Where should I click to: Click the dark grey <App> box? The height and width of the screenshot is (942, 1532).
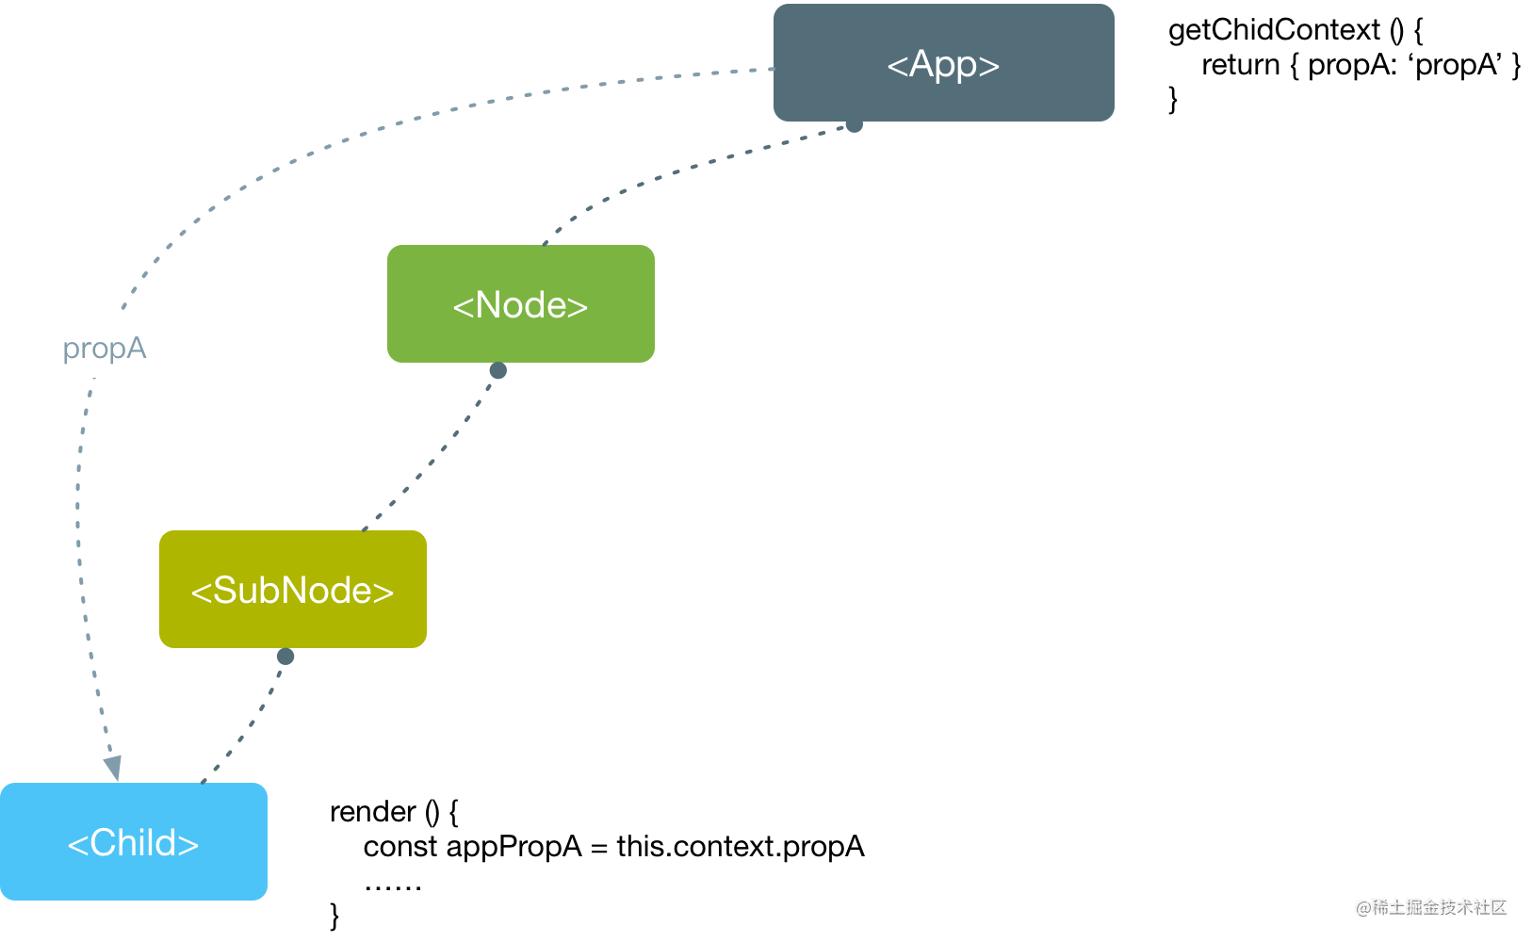tap(944, 63)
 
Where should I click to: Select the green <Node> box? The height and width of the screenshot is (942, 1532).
tap(520, 303)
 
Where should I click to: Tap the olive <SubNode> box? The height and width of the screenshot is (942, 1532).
tap(293, 590)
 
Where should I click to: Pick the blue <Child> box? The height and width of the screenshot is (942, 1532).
tap(134, 841)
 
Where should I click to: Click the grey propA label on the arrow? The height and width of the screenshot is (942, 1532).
tap(105, 348)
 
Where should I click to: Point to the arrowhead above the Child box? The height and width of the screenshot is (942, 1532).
tap(113, 768)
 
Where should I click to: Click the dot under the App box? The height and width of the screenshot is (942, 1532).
tap(855, 124)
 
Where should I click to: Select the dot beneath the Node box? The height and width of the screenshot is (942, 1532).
tap(497, 370)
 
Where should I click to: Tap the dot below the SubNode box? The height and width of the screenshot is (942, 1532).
tap(285, 657)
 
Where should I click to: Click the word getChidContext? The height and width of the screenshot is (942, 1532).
tap(1274, 30)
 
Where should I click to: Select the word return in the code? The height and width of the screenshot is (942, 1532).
tap(1241, 65)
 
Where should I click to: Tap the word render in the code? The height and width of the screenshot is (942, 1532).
tap(373, 812)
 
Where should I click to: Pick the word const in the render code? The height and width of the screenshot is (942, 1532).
tap(400, 847)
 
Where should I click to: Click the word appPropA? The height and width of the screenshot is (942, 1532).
tap(513, 848)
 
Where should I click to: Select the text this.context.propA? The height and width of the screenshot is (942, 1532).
tap(741, 848)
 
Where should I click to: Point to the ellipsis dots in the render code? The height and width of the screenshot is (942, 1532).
tap(393, 886)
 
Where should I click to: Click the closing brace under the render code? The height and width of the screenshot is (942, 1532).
tap(334, 916)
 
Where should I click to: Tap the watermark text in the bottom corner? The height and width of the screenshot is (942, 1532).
tap(1431, 907)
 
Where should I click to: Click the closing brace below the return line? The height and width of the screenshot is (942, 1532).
tap(1173, 100)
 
